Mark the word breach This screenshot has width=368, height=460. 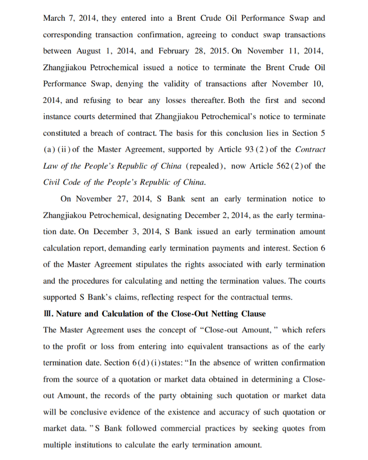point(94,133)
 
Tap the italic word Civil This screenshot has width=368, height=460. point(52,182)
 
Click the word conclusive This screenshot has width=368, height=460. point(76,412)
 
